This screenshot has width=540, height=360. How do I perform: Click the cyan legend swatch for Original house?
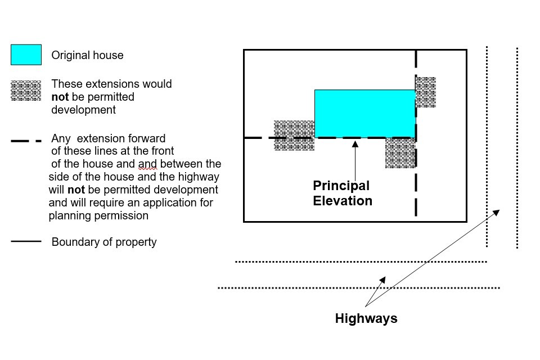coord(26,55)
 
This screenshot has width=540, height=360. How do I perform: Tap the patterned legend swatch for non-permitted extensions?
coord(26,91)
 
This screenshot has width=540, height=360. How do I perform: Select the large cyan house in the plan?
coord(364,113)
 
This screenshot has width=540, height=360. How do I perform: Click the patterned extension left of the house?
coord(294,135)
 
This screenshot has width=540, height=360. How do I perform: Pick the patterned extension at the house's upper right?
coord(426,92)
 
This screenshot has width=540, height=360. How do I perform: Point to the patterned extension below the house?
coord(400,152)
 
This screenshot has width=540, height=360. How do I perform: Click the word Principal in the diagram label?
coord(341,186)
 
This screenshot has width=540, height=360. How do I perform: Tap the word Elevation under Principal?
coord(343,200)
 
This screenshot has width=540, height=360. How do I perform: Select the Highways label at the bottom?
coord(366,318)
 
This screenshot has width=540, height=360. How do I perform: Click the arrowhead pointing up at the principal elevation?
coord(355,143)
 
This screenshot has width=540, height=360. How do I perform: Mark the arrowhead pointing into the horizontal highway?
coord(382,280)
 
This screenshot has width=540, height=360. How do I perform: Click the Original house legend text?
coord(87,55)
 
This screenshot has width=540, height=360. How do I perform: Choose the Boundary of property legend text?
coord(104,242)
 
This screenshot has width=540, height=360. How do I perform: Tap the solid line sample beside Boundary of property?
coord(26,241)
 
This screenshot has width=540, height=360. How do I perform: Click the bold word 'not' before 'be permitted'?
coord(59,97)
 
